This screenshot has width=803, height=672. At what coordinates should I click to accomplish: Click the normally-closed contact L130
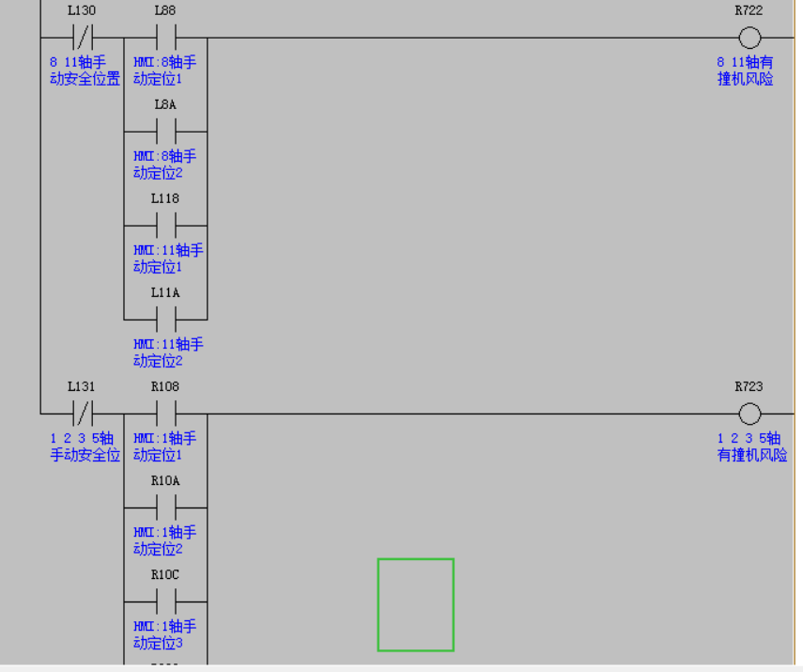[x=82, y=38]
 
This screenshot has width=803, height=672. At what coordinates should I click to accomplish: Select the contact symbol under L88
[x=166, y=38]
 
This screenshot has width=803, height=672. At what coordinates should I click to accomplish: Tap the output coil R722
[x=749, y=38]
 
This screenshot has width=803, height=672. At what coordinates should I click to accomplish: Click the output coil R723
[x=749, y=414]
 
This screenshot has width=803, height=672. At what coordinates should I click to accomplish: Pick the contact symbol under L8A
[x=166, y=132]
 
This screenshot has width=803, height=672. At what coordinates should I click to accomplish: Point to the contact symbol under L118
[x=166, y=226]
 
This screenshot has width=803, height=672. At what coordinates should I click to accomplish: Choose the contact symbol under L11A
[x=166, y=320]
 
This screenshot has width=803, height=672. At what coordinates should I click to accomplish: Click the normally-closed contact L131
[x=82, y=414]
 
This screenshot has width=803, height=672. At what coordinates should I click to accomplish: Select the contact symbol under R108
[x=166, y=414]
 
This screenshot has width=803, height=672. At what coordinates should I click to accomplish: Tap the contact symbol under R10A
[x=166, y=508]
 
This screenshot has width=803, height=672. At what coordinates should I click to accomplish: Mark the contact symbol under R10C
[x=166, y=602]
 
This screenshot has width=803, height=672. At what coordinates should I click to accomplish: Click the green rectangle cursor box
[x=415, y=604]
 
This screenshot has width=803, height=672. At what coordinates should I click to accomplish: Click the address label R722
[x=749, y=10]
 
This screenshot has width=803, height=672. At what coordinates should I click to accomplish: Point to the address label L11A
[x=165, y=292]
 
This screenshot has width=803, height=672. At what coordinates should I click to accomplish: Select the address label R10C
[x=165, y=574]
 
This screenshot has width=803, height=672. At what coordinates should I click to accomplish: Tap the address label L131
[x=82, y=386]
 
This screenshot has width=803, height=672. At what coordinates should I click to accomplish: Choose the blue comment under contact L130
[x=85, y=70]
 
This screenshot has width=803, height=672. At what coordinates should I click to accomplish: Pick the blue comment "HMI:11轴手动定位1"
[x=168, y=258]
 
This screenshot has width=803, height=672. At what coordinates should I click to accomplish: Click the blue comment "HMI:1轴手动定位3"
[x=164, y=634]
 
